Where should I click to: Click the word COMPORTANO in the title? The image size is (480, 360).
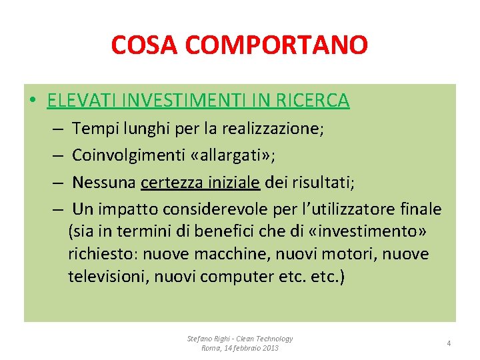(277, 45)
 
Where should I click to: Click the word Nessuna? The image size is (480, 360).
(104, 182)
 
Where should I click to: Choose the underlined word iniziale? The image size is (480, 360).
(233, 182)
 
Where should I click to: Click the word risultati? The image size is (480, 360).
(323, 182)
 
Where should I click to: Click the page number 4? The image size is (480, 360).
(449, 343)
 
